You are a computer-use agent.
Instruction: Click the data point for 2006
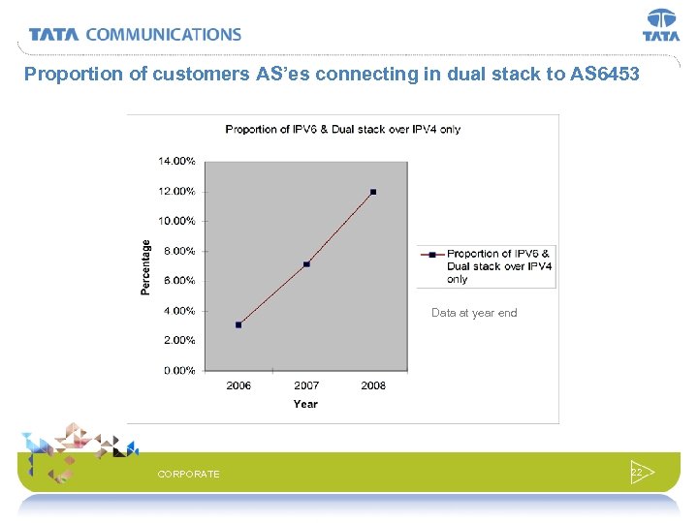click(238, 324)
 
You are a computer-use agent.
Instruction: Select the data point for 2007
click(306, 264)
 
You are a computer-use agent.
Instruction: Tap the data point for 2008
click(373, 192)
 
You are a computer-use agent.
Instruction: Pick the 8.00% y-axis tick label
click(177, 251)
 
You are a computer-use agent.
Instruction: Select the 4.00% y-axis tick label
click(177, 311)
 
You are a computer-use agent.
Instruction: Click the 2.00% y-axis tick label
click(177, 340)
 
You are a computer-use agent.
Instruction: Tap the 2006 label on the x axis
click(238, 385)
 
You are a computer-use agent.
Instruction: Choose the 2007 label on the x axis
click(306, 385)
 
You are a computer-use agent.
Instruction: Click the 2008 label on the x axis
click(373, 385)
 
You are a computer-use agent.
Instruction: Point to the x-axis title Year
click(305, 404)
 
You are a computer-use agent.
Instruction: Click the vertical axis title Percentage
click(146, 266)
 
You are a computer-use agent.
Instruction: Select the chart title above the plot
click(342, 129)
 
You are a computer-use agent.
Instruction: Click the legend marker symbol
click(431, 255)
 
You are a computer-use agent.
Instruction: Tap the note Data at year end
click(474, 313)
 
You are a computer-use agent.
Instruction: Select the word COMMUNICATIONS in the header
click(163, 34)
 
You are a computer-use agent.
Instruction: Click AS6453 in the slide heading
click(601, 74)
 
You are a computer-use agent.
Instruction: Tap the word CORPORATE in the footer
click(188, 474)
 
